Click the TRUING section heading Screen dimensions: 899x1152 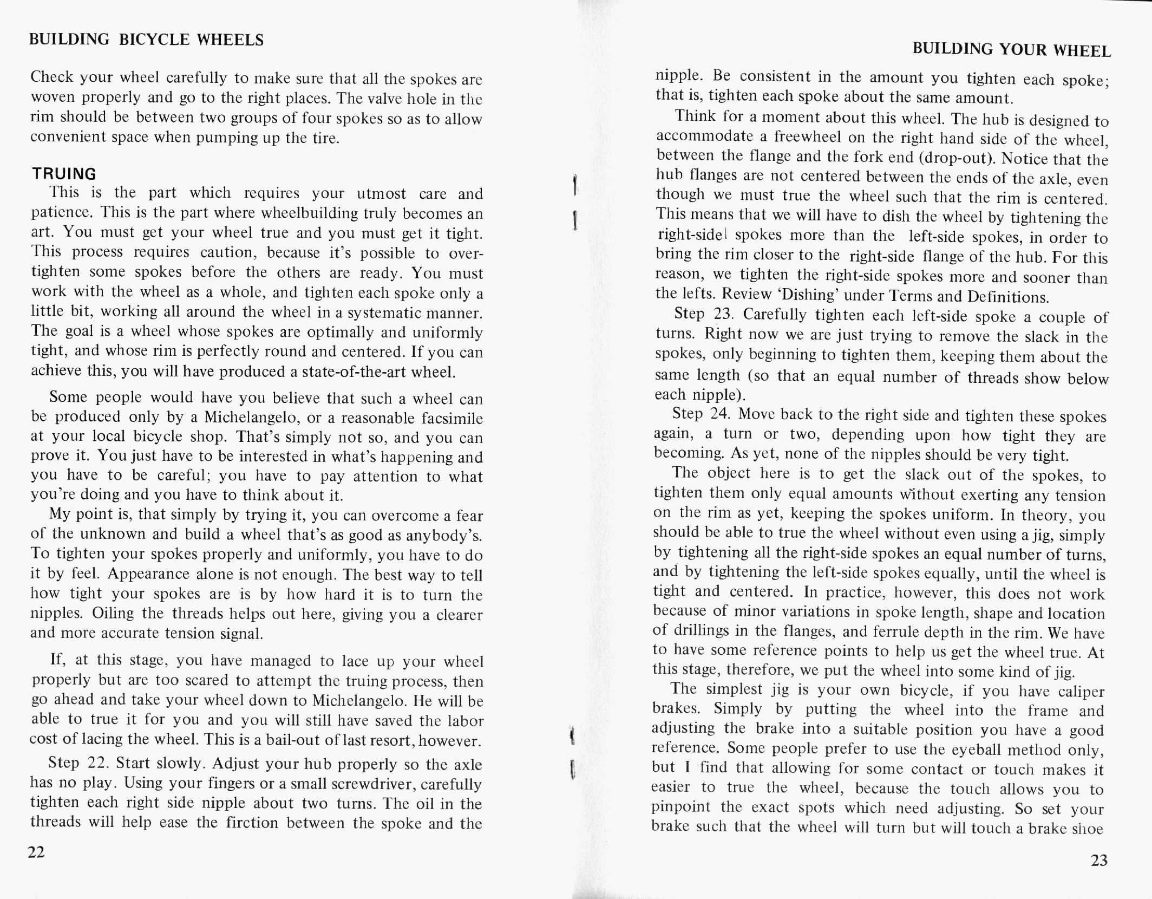(x=64, y=174)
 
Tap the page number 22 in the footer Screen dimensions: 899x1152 (x=36, y=852)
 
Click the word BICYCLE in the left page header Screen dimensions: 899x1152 (x=154, y=40)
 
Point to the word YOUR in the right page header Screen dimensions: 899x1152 (x=1022, y=50)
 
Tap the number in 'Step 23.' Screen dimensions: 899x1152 (x=723, y=314)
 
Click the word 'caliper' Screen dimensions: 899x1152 (x=1081, y=692)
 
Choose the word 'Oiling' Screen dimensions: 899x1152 (x=113, y=614)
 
